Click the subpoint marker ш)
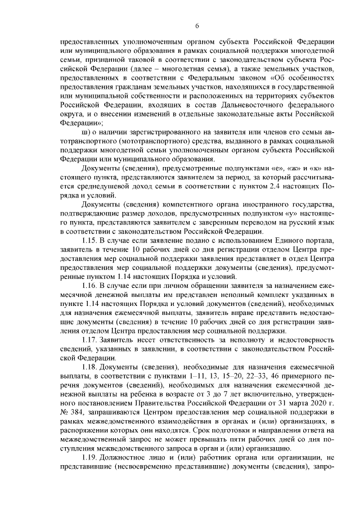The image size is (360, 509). coord(86,131)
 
